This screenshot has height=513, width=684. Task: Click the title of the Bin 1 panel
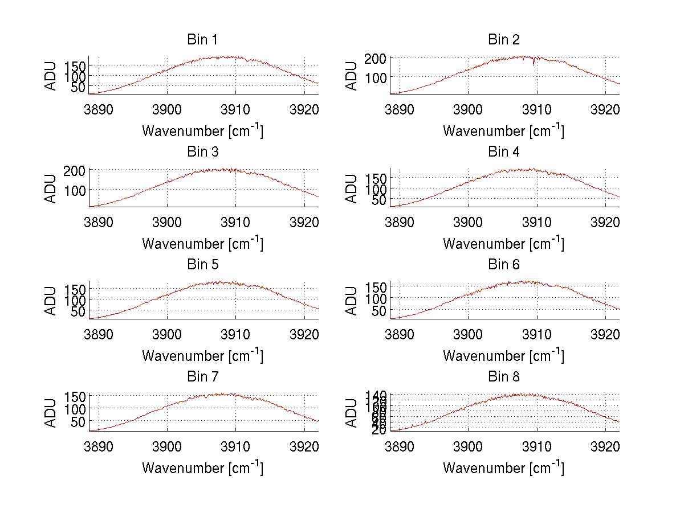click(x=202, y=40)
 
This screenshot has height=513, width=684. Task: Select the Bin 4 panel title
click(x=503, y=152)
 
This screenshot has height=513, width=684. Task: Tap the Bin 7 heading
click(x=202, y=377)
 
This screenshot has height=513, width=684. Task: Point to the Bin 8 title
click(x=503, y=377)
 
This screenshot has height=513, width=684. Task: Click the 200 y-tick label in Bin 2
click(x=380, y=58)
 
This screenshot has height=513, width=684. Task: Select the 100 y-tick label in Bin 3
click(x=79, y=189)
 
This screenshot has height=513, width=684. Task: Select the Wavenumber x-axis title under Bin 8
click(x=503, y=467)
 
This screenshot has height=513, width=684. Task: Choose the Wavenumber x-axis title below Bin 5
click(x=202, y=355)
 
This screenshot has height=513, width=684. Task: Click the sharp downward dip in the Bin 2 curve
click(x=534, y=64)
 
